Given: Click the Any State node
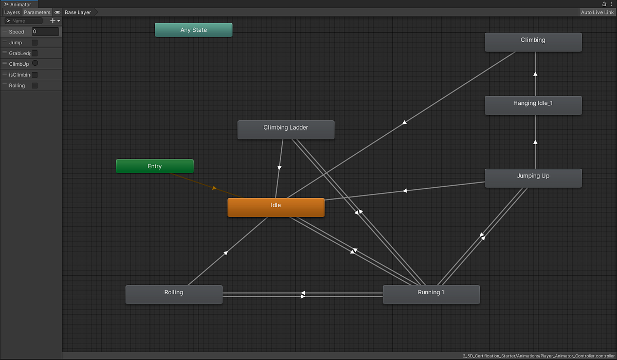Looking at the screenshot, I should click(x=193, y=30).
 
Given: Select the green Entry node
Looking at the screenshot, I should click(x=155, y=166).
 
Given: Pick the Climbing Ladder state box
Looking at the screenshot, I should click(x=286, y=130).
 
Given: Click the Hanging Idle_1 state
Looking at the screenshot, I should click(x=533, y=105).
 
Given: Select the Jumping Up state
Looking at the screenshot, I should click(x=533, y=178).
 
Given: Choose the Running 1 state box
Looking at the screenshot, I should click(x=431, y=295).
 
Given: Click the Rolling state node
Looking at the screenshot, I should click(x=174, y=295).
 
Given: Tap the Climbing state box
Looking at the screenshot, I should click(x=533, y=42).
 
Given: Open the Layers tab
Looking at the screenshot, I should click(x=12, y=12).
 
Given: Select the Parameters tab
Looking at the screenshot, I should click(x=37, y=12).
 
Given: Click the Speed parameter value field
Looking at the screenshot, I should click(x=45, y=32).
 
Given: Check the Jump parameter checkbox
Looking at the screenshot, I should click(x=35, y=43).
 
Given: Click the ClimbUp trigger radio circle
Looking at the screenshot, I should click(x=35, y=64).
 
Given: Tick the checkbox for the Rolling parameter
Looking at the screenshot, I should click(x=35, y=85).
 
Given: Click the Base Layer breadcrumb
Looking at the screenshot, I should click(x=78, y=12).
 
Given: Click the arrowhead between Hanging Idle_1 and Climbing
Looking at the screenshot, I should click(x=535, y=74).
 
